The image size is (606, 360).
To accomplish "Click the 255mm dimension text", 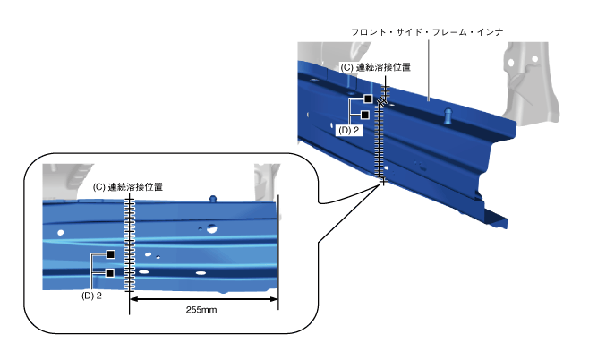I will (x=202, y=310).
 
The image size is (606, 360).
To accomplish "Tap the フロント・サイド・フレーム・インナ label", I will (x=429, y=32).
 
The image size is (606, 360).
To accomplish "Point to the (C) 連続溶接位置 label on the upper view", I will (x=376, y=67).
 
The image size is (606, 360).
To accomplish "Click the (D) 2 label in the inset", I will (x=91, y=295).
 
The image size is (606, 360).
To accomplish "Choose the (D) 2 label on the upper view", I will (x=349, y=130).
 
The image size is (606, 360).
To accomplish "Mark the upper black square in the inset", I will (x=110, y=254).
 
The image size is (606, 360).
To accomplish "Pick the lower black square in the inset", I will (x=110, y=272).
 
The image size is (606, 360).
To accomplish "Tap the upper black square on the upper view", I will (x=367, y=99).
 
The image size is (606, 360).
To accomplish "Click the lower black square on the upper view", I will (x=365, y=115).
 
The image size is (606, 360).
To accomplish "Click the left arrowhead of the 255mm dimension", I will (x=135, y=300).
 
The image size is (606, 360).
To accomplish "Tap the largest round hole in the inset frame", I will (x=211, y=229).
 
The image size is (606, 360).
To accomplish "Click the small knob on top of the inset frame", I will (x=212, y=198).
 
